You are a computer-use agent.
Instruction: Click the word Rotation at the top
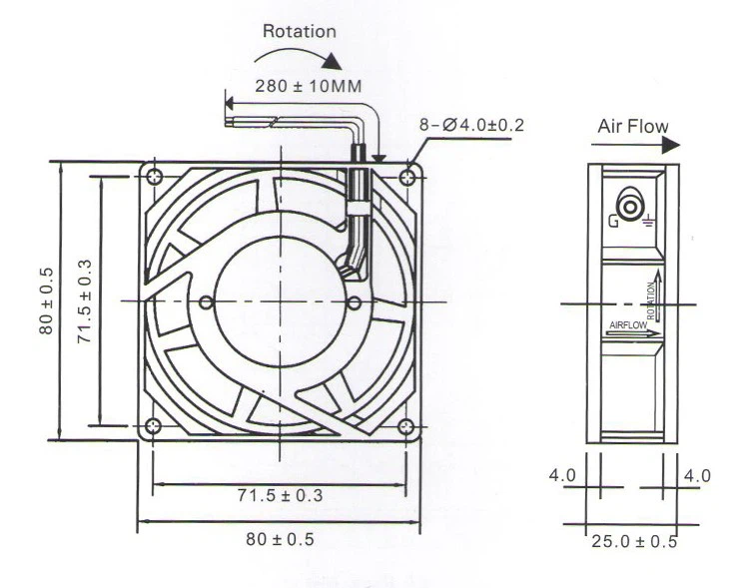(299, 31)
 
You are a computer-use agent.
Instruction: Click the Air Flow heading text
(632, 126)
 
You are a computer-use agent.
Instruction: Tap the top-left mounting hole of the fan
(154, 177)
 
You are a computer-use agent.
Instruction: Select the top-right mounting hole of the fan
(406, 177)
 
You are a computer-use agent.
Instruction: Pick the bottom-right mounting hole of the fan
(405, 427)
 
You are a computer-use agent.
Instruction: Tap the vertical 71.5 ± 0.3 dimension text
(85, 299)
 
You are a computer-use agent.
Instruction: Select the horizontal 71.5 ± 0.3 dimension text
(280, 495)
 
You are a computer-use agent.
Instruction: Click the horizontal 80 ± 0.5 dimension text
(280, 539)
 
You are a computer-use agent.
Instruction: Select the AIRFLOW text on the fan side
(627, 325)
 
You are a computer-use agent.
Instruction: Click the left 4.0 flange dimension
(562, 475)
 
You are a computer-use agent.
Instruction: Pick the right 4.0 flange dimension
(697, 475)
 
